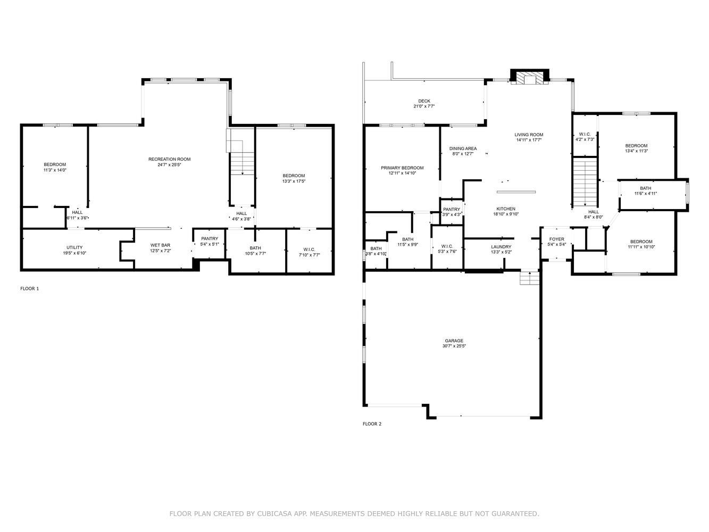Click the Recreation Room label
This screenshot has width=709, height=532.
(x=169, y=159)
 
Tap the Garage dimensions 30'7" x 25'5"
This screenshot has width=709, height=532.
(x=454, y=346)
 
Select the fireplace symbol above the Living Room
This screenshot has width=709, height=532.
(x=530, y=78)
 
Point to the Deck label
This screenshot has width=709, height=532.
(x=424, y=101)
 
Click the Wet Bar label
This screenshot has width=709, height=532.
(x=160, y=245)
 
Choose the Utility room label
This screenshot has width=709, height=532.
(x=74, y=247)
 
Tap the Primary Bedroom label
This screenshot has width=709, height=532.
(x=402, y=168)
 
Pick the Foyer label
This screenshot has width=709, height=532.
(x=556, y=239)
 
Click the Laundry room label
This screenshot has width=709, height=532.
(x=501, y=247)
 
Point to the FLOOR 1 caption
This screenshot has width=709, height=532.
(x=30, y=288)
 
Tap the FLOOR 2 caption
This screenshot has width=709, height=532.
(x=372, y=424)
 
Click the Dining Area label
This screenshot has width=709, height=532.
(x=463, y=148)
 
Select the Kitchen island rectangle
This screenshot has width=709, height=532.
(x=516, y=192)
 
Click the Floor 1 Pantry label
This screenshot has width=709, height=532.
(x=210, y=238)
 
